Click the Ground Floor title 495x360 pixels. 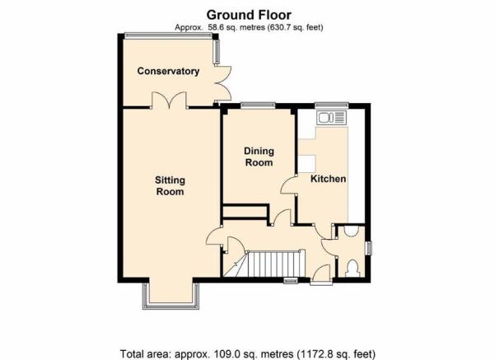coord(249,15)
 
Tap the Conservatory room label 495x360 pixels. coord(168,71)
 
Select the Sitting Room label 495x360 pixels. coord(170,185)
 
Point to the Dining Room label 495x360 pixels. coord(259,157)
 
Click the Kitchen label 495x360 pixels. coord(329,179)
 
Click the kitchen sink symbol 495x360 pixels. coord(331,118)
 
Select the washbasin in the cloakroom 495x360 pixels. coord(351,231)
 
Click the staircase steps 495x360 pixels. coord(273,264)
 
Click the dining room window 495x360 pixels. coord(258,105)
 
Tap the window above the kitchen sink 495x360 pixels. coord(331,105)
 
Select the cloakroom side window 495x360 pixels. coord(368,248)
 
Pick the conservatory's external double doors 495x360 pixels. coord(223,83)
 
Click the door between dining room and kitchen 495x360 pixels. coord(288,185)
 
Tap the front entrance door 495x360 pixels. coord(321,274)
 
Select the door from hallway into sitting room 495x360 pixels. coord(213,237)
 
